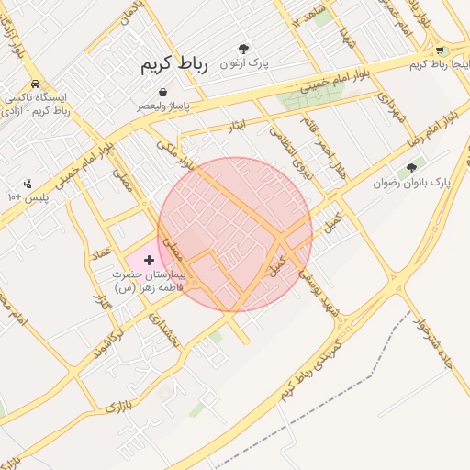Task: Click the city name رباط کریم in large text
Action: tap(174, 65)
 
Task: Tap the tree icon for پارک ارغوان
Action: tap(243, 50)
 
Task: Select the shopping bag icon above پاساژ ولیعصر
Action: tap(162, 93)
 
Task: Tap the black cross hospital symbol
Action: tap(150, 261)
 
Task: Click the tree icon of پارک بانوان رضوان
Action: tap(410, 168)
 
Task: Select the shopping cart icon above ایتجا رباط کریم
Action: tap(440, 50)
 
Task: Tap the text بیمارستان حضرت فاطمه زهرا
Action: tap(150, 281)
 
